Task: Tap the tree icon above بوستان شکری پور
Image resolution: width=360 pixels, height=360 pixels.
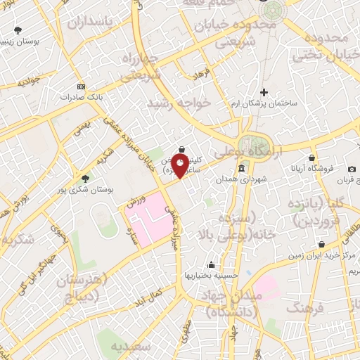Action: coord(86,179)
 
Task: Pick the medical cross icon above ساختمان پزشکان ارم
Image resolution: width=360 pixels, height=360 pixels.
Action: coord(264,92)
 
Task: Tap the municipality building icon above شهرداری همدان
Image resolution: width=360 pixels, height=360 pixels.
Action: coord(241,169)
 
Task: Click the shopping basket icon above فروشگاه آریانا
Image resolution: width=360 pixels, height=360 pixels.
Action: coord(311,158)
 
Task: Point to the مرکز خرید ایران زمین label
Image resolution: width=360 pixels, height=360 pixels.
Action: coord(322,256)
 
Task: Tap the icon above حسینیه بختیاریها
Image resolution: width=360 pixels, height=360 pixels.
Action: coord(211,265)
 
